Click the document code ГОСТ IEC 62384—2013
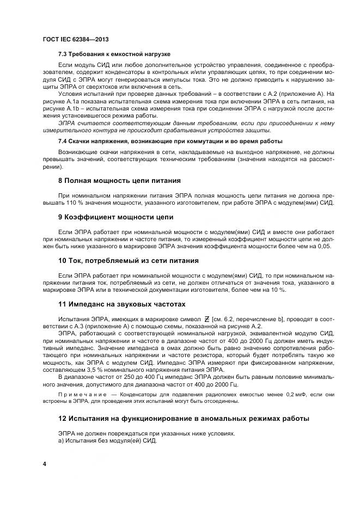[75, 40]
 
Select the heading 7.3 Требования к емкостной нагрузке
[114, 54]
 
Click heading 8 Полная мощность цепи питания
[119, 180]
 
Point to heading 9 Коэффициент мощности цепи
[115, 217]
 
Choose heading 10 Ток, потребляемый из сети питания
[128, 261]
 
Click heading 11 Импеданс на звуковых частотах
[121, 304]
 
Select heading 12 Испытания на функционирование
[184, 419]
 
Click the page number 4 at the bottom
[44, 463]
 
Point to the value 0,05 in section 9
[324, 246]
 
